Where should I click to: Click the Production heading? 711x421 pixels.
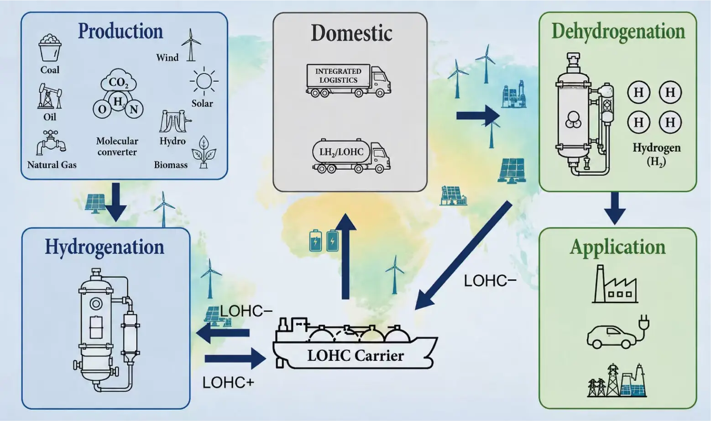(x=120, y=31)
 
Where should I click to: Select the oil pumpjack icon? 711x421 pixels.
(x=50, y=96)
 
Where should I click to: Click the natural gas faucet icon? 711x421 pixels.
(x=51, y=142)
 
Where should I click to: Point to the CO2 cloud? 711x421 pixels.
(x=118, y=81)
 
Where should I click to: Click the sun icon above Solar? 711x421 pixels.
(x=204, y=81)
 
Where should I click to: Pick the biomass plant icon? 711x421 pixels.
(x=204, y=152)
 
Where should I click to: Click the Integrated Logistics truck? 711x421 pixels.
(x=348, y=80)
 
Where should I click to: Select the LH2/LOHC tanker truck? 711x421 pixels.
(x=351, y=156)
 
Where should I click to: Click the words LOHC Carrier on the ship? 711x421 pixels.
(x=355, y=356)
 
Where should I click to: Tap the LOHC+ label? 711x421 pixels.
(x=228, y=383)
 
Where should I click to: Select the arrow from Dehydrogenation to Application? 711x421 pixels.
(x=615, y=208)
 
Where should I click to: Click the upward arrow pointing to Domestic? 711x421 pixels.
(x=345, y=256)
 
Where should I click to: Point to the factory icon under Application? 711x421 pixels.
(x=615, y=284)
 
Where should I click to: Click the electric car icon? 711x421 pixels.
(x=617, y=333)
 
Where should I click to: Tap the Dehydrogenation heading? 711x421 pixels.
(x=618, y=32)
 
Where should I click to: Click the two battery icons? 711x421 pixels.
(x=324, y=241)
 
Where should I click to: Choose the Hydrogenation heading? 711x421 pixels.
(x=105, y=247)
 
